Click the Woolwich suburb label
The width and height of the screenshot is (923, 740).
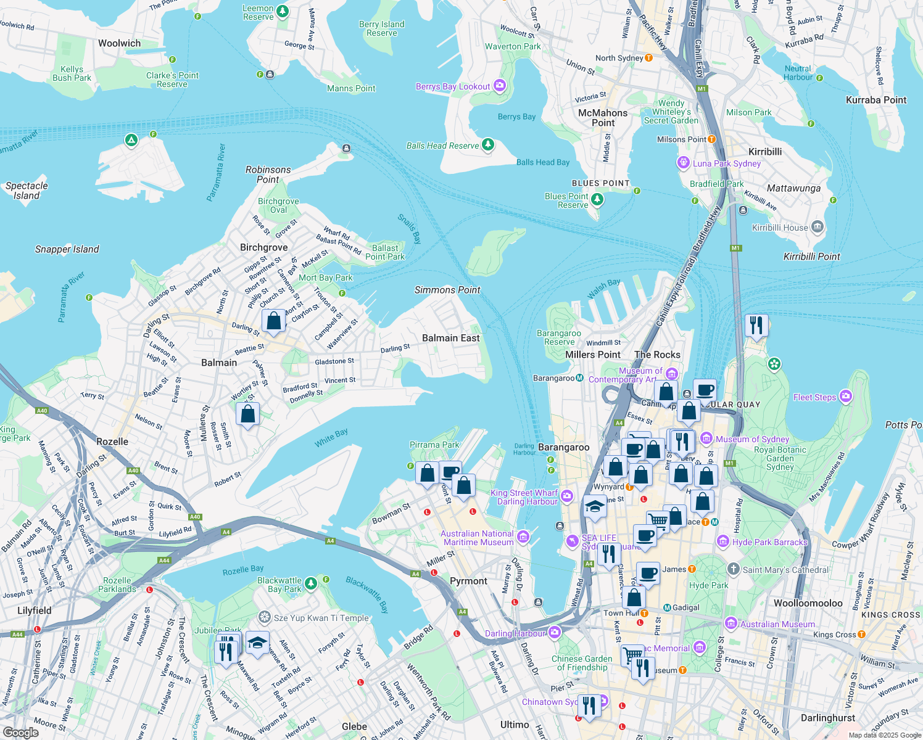119,43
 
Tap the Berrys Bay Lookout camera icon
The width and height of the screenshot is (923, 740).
500,86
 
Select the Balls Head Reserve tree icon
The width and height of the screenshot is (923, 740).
488,145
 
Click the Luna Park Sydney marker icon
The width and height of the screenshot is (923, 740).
683,163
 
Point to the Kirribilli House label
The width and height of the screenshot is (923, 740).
780,228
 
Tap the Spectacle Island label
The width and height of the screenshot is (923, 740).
27,191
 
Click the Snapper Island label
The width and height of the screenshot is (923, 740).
67,249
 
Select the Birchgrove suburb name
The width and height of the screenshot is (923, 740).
263,247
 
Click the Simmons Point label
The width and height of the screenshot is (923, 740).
447,290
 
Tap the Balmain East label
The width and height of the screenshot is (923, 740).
450,338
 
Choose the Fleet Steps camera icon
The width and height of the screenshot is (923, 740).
846,397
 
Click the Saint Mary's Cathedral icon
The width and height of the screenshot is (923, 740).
733,569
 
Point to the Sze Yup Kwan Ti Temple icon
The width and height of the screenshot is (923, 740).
265,617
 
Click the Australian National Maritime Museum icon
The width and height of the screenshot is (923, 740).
523,537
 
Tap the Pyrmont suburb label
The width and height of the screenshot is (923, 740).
468,581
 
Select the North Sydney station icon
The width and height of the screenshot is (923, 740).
648,58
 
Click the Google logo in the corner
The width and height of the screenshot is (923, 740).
21,733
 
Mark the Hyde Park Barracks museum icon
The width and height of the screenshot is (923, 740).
723,542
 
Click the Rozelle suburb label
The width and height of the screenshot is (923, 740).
112,442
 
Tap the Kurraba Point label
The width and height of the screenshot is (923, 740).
876,100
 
